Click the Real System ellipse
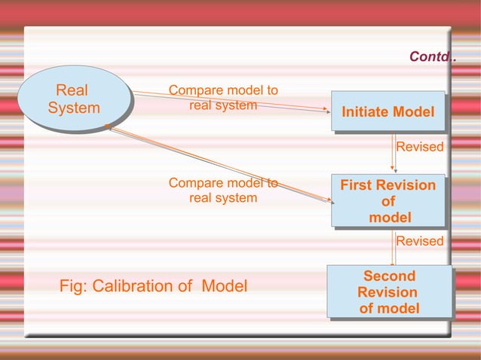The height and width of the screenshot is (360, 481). [74, 99]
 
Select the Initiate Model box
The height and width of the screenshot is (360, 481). [388, 112]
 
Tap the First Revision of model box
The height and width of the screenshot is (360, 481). [388, 201]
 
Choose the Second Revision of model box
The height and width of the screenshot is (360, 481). [389, 292]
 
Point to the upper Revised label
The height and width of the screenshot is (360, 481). [420, 147]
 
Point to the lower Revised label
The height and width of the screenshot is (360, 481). [420, 241]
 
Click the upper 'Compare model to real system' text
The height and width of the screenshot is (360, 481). [223, 98]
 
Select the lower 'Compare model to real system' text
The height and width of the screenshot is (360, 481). [223, 191]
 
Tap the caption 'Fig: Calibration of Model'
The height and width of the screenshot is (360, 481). [153, 286]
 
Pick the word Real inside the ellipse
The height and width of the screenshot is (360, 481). [72, 91]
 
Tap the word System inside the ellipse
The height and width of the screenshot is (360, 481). [74, 108]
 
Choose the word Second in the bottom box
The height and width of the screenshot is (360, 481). [389, 276]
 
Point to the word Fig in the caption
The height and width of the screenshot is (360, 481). [72, 286]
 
